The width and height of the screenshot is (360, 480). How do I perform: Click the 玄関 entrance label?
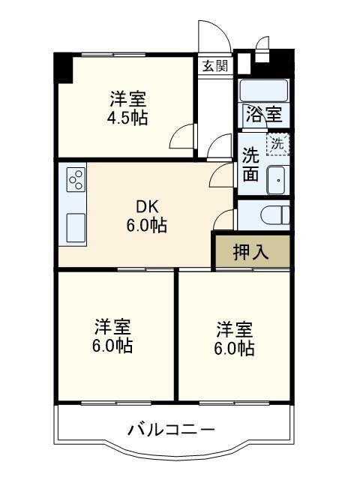[x=214, y=65]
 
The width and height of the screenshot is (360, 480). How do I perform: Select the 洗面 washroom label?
[x=250, y=165]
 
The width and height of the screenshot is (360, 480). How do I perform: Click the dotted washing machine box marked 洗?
[x=278, y=143]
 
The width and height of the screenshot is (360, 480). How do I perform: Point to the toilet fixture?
[x=278, y=214]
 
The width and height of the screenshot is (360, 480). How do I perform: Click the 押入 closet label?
[x=250, y=253]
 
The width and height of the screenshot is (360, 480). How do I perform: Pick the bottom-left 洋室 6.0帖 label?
[x=114, y=337]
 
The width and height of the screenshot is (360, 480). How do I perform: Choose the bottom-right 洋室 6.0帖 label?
[x=235, y=338]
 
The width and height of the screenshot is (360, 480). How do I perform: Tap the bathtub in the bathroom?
[x=263, y=90]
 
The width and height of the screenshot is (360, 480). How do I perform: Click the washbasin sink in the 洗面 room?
[x=276, y=181]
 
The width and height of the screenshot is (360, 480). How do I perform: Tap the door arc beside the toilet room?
[x=222, y=220]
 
